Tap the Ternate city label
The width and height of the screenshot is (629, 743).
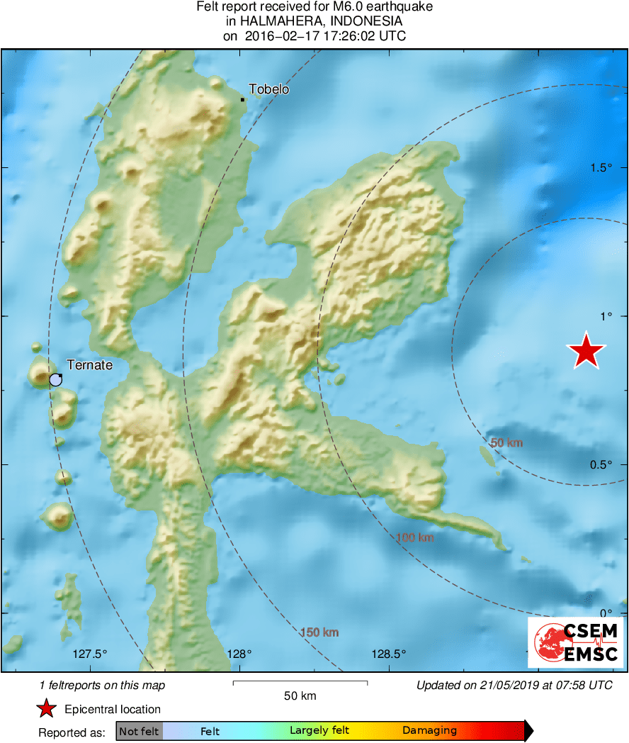point(89,365)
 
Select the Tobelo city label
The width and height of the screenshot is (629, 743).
point(269,89)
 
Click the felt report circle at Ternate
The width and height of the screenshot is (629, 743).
point(55,379)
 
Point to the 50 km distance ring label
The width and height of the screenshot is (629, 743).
point(506,443)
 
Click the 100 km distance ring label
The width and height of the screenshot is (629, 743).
point(415,537)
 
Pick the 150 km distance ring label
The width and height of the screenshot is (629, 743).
point(319,632)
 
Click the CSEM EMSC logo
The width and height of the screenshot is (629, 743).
point(575,642)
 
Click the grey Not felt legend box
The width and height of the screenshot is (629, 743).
point(139,731)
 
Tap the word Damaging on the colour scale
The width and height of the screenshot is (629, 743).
point(429,731)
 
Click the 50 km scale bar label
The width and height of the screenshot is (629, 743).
point(300,696)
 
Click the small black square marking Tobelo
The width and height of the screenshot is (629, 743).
point(242,99)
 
